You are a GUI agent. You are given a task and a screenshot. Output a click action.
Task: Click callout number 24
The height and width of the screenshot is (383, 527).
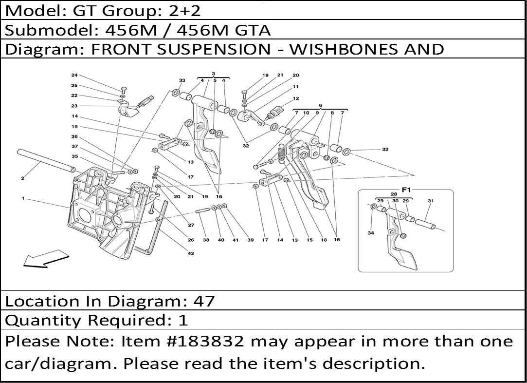pyautogui.click(x=74, y=75)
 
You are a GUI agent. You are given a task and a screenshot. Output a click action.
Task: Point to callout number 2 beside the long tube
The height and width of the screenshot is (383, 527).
pyautogui.click(x=22, y=178)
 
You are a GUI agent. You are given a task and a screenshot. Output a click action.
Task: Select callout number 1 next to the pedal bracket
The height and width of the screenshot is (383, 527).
pyautogui.click(x=23, y=198)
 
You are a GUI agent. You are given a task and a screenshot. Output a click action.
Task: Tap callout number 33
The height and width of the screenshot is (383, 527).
pyautogui.click(x=182, y=80)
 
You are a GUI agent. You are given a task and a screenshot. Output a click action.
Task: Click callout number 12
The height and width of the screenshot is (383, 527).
pyautogui.click(x=295, y=98)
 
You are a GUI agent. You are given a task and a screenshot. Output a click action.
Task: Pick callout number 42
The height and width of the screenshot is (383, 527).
pyautogui.click(x=191, y=253)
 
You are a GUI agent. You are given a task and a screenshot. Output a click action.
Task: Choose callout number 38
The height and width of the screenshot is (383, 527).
pyautogui.click(x=206, y=240)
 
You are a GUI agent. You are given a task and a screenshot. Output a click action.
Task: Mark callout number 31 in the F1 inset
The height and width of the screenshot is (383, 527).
pyautogui.click(x=430, y=201)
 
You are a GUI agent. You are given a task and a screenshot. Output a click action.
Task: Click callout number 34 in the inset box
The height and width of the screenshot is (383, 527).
pyautogui.click(x=371, y=233)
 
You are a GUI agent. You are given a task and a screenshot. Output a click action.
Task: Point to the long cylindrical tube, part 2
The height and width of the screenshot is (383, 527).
pyautogui.click(x=46, y=160)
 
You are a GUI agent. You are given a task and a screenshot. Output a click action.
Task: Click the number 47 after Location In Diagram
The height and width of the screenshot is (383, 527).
pyautogui.click(x=203, y=301)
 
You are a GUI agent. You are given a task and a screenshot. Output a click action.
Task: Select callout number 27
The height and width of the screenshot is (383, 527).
pyautogui.click(x=191, y=225)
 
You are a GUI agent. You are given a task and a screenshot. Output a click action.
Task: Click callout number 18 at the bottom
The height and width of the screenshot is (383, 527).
pyautogui.click(x=324, y=240)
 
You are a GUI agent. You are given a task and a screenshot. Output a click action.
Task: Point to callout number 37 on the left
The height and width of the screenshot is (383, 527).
pyautogui.click(x=74, y=146)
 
